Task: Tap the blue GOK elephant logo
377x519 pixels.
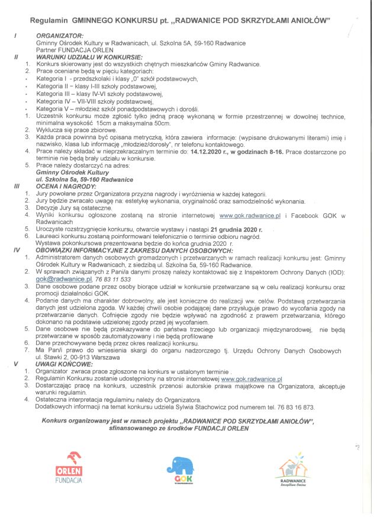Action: (x=181, y=469)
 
